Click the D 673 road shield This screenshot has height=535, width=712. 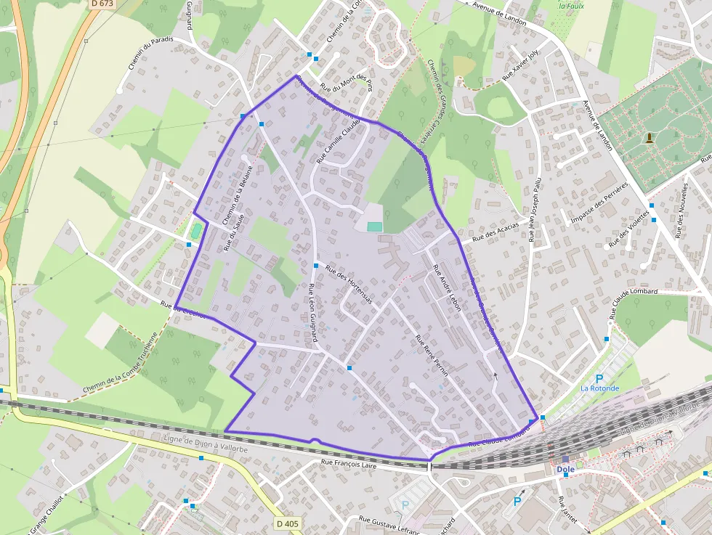pos(103,4)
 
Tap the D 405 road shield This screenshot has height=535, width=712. pos(288,523)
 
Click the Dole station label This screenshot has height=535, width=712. pos(565,469)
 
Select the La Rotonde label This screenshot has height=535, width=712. pos(599,388)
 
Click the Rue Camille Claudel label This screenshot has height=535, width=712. pos(338,142)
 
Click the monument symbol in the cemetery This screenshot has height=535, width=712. pos(648,136)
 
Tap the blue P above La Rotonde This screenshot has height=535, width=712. pos(599,378)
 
